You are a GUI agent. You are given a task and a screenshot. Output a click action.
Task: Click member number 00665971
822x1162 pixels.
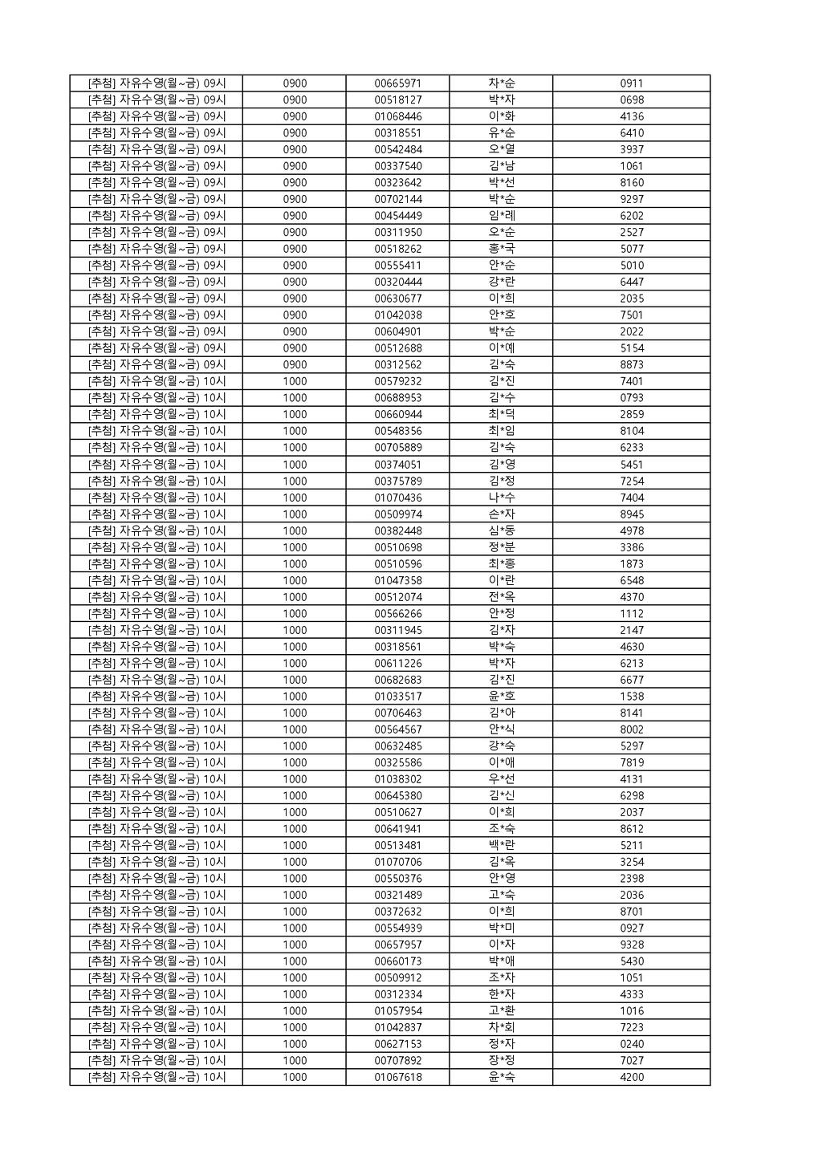[x=397, y=83]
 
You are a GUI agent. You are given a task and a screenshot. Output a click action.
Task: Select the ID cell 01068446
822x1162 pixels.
[x=397, y=116]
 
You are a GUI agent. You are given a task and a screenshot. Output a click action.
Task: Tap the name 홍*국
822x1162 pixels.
[x=502, y=249]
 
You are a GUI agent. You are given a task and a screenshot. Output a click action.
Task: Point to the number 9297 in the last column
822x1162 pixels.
[x=632, y=199]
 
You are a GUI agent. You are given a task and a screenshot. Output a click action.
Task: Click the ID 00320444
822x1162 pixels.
[x=397, y=282]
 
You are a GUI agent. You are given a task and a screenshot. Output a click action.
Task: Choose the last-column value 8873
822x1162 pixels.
[x=632, y=364]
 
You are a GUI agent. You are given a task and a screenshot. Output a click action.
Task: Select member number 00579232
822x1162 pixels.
[x=397, y=381]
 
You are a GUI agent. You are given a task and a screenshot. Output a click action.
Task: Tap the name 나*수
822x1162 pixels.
[x=502, y=498]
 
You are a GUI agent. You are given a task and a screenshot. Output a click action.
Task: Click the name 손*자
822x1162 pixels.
[x=502, y=514]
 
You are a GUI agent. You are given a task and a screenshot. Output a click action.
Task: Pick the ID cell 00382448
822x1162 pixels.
[x=397, y=530]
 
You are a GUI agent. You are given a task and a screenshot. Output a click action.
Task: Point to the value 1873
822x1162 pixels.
[x=632, y=563]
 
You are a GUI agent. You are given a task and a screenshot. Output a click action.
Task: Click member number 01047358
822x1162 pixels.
[x=397, y=580]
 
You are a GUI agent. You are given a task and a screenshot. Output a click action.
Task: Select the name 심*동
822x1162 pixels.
[x=502, y=530]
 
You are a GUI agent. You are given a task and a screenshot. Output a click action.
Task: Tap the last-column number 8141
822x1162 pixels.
[x=632, y=713]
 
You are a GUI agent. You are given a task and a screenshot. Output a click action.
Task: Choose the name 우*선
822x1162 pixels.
[x=502, y=778]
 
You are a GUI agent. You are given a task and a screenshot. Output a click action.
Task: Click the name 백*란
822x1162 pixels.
[x=502, y=845]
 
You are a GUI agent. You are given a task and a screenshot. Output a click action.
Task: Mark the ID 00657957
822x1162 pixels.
[x=397, y=945]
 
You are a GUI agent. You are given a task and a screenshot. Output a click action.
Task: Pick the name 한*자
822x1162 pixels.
[x=502, y=994]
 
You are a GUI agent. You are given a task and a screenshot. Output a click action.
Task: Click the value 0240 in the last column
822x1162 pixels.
[x=632, y=1044]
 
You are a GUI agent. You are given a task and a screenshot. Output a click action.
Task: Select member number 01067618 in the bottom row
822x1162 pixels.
[x=397, y=1077]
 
